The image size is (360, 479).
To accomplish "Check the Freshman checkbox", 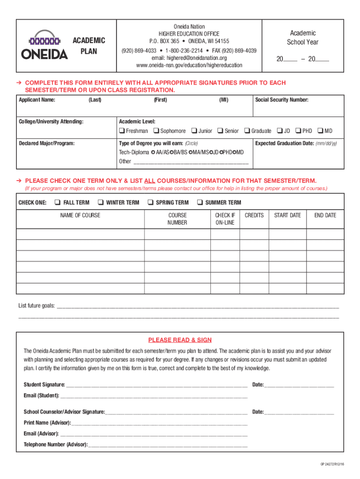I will click(122, 131).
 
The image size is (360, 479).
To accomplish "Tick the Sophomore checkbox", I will click(156, 131).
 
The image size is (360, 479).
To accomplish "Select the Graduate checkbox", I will click(247, 131).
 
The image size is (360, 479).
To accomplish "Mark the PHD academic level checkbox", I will click(298, 131).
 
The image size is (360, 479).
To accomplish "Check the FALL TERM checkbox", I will click(57, 203).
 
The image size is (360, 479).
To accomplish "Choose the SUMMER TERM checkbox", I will click(199, 203).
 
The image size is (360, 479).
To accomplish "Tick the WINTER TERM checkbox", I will click(100, 203).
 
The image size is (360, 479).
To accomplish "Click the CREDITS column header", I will click(254, 215).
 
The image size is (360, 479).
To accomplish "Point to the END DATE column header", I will click(324, 215).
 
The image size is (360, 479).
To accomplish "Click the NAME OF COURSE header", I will click(80, 215).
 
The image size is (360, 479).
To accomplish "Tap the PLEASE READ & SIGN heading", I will click(180, 340).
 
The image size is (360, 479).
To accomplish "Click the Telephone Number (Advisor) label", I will click(55, 444).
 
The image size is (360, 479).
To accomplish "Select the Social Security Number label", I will click(281, 100).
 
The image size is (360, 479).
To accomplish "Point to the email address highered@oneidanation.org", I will click(189, 58).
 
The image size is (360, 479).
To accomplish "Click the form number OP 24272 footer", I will click(332, 464).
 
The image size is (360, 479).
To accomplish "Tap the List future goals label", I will click(36, 306).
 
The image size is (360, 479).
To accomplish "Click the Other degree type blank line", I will click(191, 162).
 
